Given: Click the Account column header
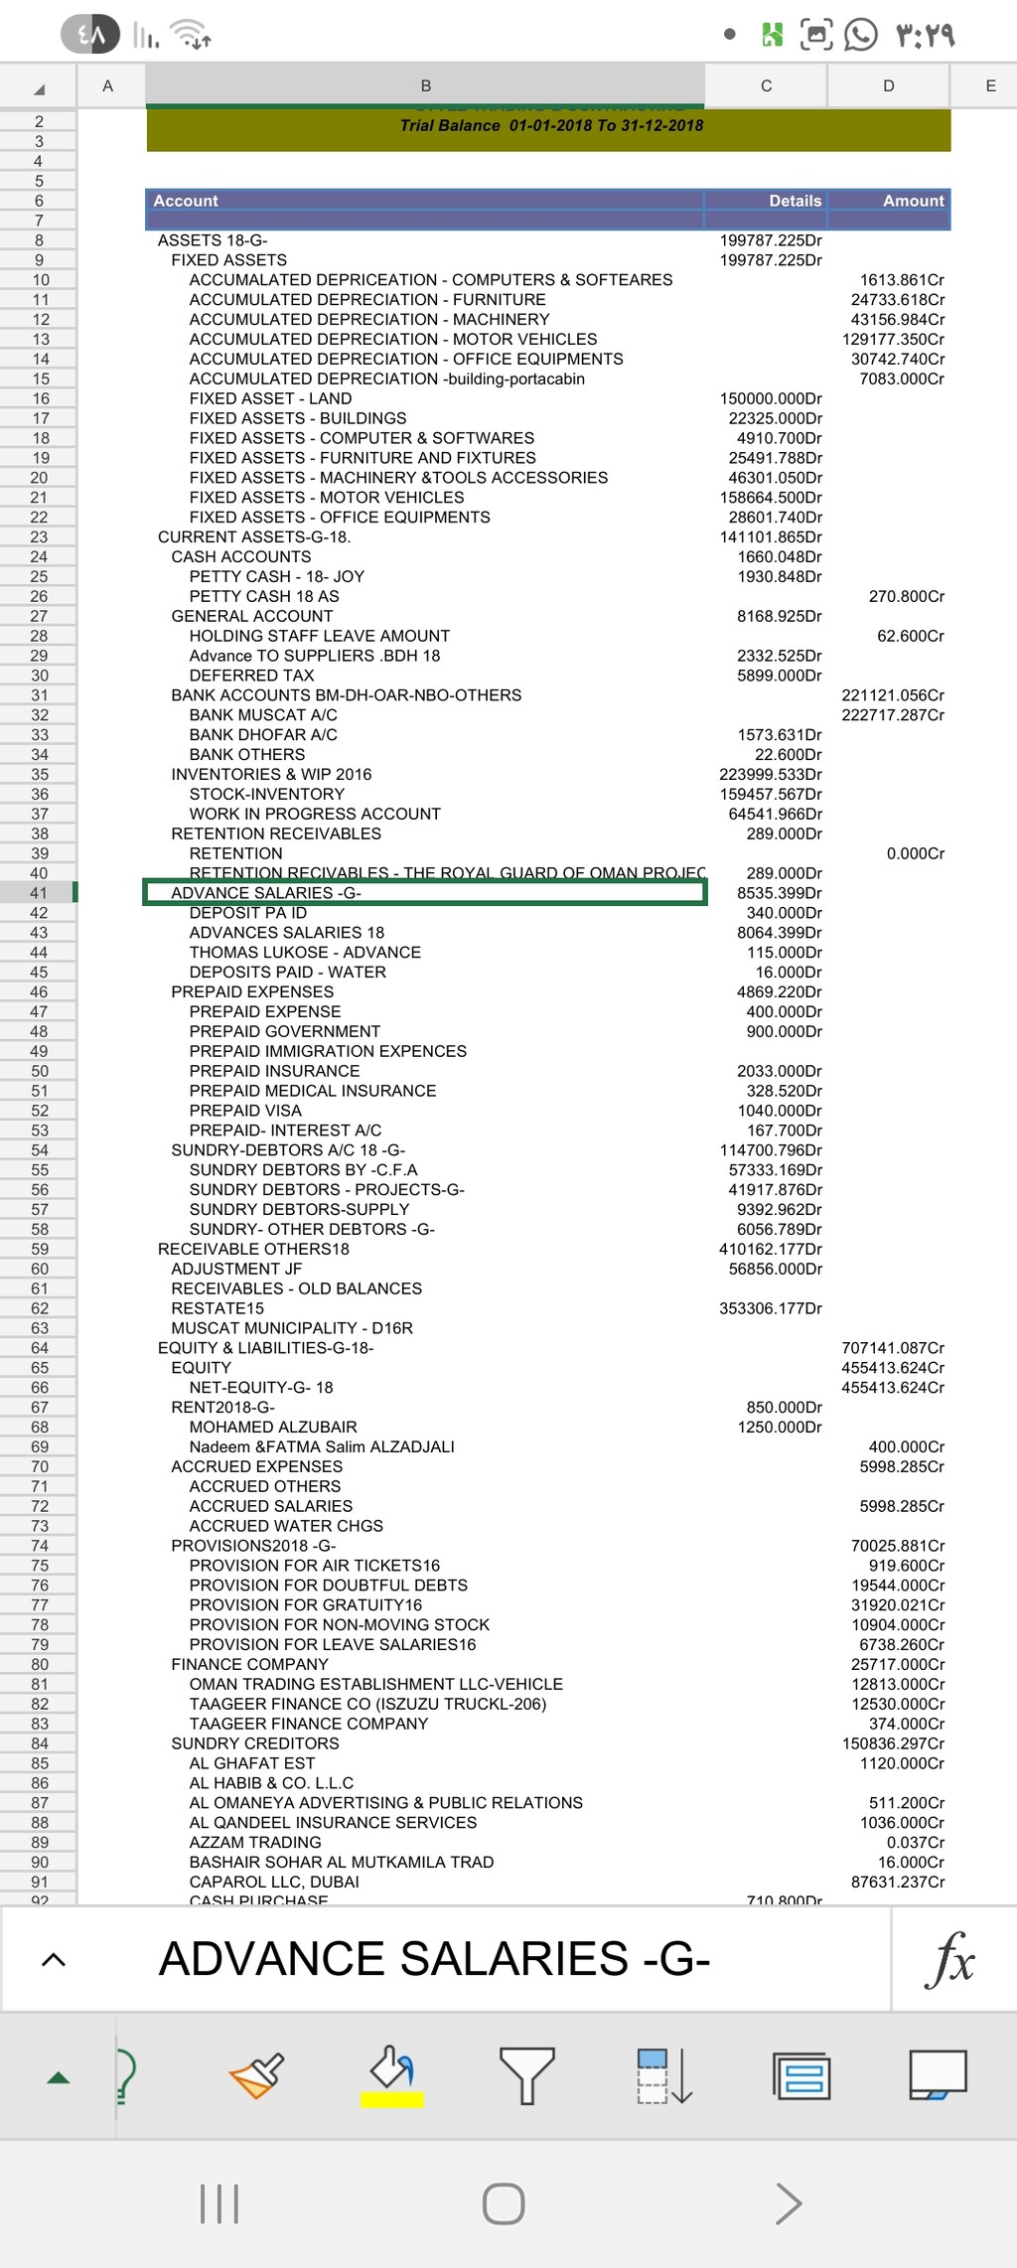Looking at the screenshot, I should coord(186,201).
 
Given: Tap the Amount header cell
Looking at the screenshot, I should coord(913,201).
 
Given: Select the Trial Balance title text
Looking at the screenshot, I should coord(551,125).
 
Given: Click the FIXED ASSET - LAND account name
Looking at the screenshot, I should coord(270,398).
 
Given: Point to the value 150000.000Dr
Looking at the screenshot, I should coord(771,398).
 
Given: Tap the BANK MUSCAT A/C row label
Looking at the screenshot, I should coord(263,715).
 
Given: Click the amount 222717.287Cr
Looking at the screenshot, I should coord(893,715).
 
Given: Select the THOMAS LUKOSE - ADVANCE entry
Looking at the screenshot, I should coord(305,953).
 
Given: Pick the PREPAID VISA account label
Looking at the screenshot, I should coord(245,1111).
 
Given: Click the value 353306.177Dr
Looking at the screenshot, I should coord(771,1308).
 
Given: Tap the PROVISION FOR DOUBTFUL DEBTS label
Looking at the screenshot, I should coord(328,1586).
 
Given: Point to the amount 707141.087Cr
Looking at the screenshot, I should coord(893,1348).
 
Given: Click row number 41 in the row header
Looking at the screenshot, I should coord(39,893).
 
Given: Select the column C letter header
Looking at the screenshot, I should coord(766,85).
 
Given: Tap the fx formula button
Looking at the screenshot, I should coord(950,1959).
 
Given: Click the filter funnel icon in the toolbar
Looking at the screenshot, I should coord(526,2074).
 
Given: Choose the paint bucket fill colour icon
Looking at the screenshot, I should coord(392,2072).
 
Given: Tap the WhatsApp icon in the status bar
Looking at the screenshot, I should coord(861,35).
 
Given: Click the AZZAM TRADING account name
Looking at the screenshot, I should coord(255,1843).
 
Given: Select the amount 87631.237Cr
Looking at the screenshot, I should coord(898,1882).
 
